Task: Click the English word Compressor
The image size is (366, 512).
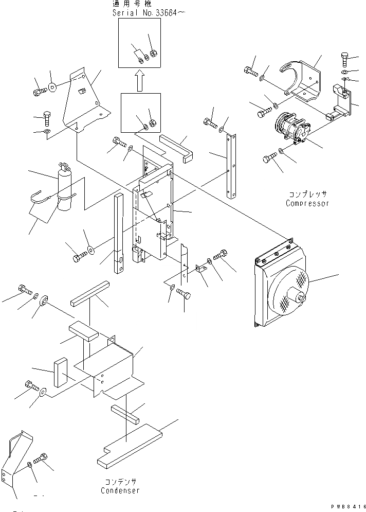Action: [x=307, y=203]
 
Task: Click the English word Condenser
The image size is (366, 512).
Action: [x=120, y=491]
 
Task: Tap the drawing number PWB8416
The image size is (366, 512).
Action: [x=345, y=507]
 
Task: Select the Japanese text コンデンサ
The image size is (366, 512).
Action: [x=120, y=483]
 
